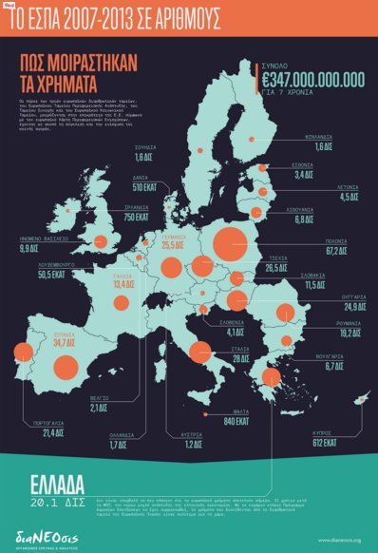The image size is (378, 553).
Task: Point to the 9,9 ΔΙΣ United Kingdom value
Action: (x=35, y=248)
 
